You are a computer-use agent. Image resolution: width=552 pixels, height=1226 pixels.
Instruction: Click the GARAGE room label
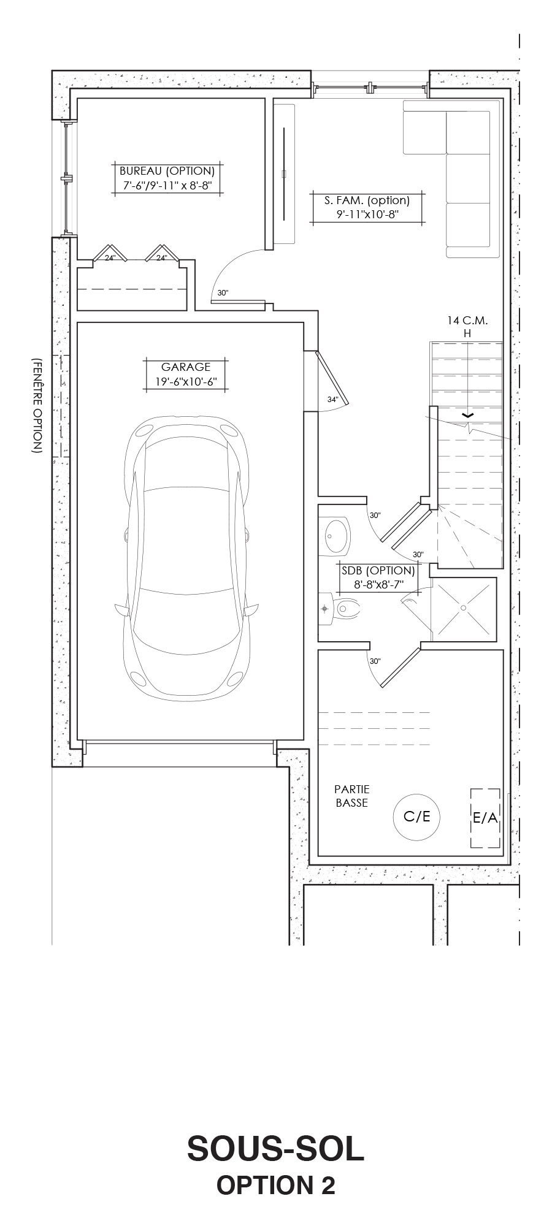(x=186, y=367)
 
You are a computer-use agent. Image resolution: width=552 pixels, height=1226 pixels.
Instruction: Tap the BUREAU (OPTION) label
(x=167, y=171)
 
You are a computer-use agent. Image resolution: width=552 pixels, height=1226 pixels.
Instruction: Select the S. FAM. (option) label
(x=367, y=200)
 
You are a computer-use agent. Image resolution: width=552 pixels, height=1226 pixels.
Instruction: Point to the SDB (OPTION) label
(x=378, y=570)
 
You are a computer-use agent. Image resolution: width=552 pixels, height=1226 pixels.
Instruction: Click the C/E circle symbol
(x=417, y=817)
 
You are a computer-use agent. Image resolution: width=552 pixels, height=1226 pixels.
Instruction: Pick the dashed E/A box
(x=485, y=818)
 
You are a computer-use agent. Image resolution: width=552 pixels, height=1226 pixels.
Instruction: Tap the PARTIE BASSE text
(x=352, y=796)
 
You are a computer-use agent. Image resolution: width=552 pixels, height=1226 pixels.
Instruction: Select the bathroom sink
(x=335, y=535)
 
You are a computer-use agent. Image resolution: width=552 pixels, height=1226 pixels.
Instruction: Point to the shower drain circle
(x=463, y=607)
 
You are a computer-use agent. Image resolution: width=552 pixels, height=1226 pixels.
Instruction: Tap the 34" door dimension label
(x=332, y=399)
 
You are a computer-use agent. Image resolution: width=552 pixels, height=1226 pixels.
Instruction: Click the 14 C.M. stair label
(x=467, y=320)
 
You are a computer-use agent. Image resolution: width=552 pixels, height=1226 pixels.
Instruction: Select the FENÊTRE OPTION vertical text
(x=36, y=405)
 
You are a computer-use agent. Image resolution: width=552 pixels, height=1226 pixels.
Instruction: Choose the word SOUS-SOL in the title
(x=275, y=1149)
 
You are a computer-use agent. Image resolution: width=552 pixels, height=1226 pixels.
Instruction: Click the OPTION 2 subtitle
(x=275, y=1186)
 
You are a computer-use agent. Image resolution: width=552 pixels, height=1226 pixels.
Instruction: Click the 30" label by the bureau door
(x=223, y=293)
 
